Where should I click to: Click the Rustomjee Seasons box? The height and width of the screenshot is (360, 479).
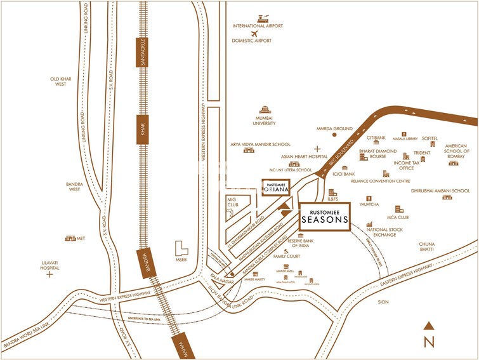click(x=324, y=217)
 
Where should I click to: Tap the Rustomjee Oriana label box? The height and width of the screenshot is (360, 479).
click(x=277, y=188)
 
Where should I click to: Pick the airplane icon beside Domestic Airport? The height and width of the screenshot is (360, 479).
click(x=255, y=33)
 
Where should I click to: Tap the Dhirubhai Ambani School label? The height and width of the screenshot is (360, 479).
click(x=440, y=190)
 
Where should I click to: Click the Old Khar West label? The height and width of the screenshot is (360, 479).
click(x=61, y=81)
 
